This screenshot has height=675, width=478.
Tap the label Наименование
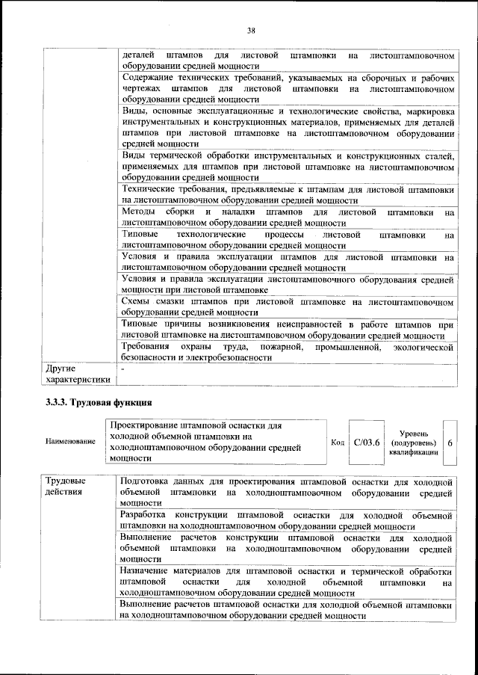point(71,442)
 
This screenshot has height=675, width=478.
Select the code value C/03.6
point(367,442)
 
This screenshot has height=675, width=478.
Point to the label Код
point(337,442)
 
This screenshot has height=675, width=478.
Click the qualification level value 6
point(450,443)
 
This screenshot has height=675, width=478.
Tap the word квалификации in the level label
point(412,452)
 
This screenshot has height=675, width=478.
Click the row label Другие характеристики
point(78,374)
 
